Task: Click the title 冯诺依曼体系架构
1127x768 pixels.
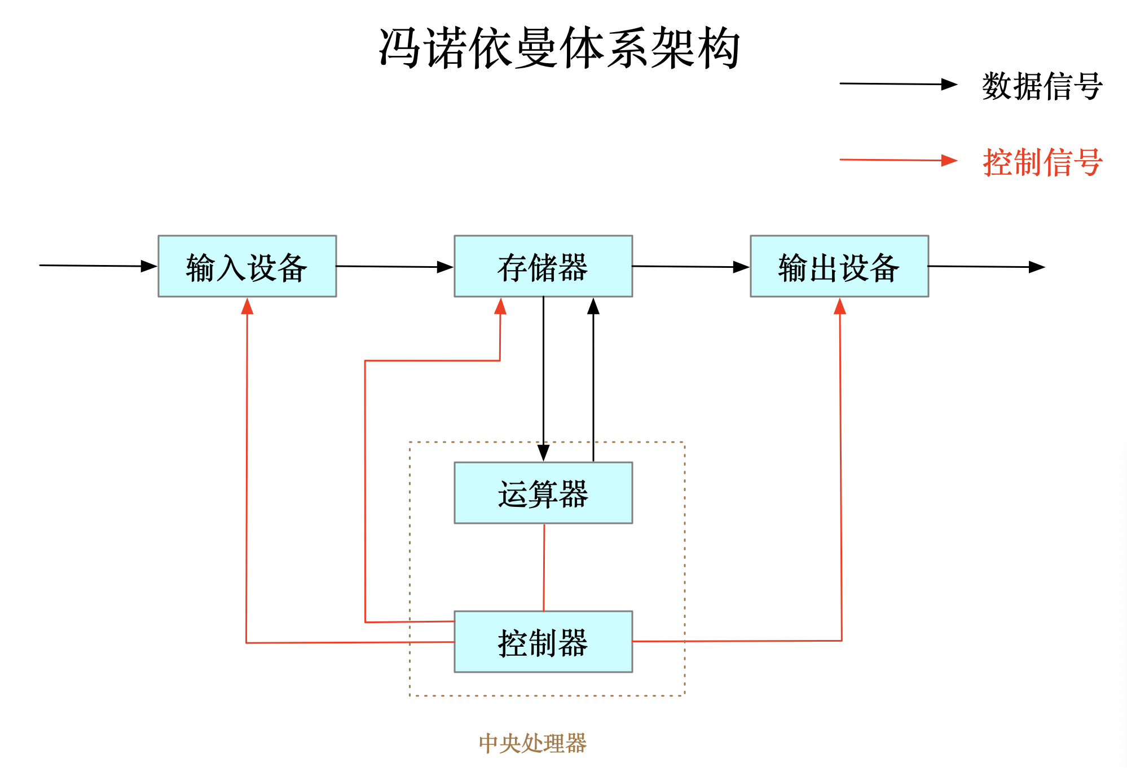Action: click(x=558, y=48)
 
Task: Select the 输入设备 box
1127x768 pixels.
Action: click(x=247, y=266)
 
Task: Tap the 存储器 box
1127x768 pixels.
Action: click(x=543, y=266)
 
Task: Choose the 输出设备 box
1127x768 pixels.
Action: click(x=839, y=266)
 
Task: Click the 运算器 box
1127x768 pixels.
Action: click(x=543, y=493)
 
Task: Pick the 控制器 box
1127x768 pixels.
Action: click(x=543, y=642)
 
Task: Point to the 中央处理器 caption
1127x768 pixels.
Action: click(x=532, y=743)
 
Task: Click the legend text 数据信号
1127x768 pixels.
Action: click(x=1042, y=86)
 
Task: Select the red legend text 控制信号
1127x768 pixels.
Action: click(x=1042, y=162)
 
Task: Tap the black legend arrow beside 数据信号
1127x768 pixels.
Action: click(x=898, y=84)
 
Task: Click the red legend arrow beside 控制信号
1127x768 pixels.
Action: click(x=898, y=160)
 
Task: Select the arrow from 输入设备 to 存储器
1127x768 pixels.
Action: click(x=395, y=267)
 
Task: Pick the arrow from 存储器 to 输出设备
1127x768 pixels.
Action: click(x=690, y=267)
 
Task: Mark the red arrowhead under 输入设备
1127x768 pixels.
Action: click(x=247, y=306)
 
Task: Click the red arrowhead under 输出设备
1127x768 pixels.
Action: click(x=839, y=306)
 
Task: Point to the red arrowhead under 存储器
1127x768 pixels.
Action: click(x=500, y=306)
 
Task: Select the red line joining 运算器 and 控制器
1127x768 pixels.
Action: click(x=544, y=567)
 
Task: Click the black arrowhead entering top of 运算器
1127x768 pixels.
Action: click(x=543, y=453)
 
